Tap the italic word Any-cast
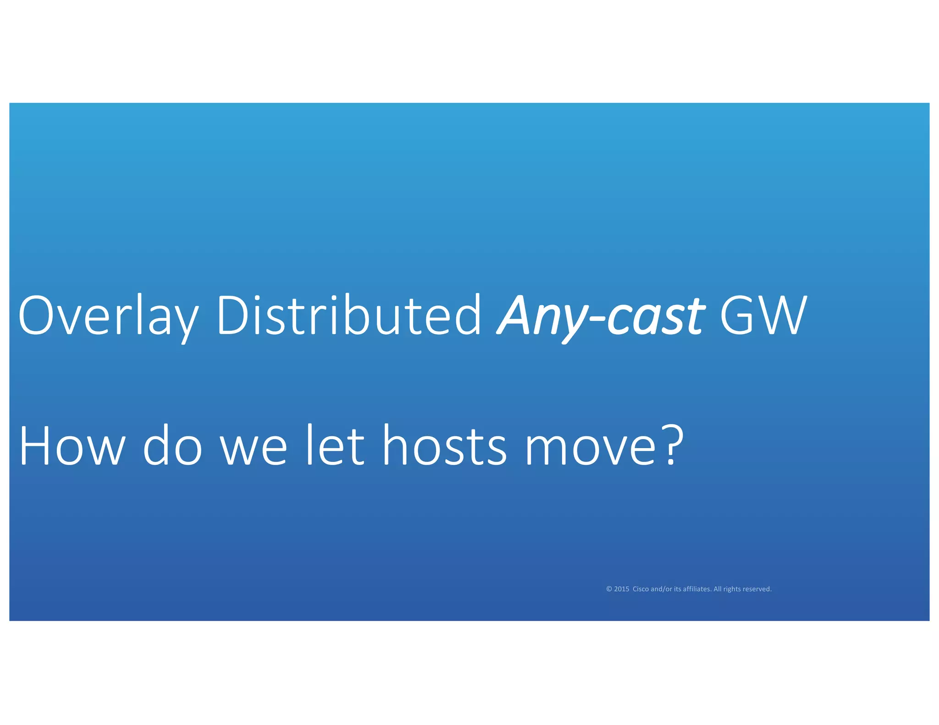coord(601,316)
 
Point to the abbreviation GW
coord(762,315)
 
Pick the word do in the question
coord(172,446)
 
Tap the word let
coord(335,445)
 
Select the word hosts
coord(445,446)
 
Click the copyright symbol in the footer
coord(609,589)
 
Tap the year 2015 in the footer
coord(621,589)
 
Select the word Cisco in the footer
coord(641,589)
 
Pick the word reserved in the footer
coord(757,589)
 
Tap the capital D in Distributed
coord(234,315)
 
